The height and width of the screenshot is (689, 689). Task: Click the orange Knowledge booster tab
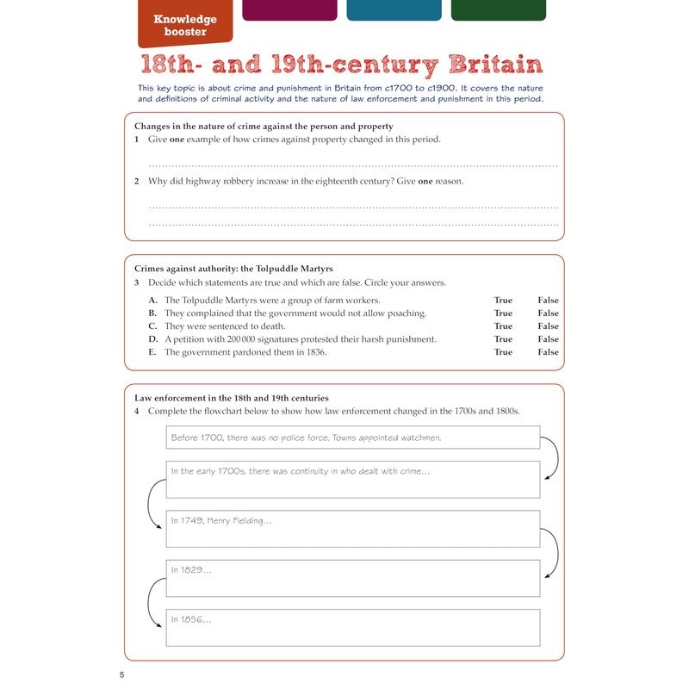[184, 25]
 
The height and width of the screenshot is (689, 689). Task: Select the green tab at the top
[498, 9]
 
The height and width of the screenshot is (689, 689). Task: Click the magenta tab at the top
[289, 9]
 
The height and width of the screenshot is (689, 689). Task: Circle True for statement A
[503, 301]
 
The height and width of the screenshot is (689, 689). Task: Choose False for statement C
[548, 326]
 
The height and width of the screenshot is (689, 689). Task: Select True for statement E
[503, 352]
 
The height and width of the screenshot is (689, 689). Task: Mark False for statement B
[548, 313]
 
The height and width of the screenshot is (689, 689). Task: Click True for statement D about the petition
[503, 339]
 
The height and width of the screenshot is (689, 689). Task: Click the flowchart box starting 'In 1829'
[353, 578]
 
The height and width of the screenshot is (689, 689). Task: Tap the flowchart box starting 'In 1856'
[353, 627]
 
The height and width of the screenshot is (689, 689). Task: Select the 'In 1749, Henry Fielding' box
[353, 529]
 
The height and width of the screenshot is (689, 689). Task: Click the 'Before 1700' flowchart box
[353, 438]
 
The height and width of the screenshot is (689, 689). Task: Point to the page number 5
[122, 673]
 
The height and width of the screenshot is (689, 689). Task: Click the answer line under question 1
[353, 164]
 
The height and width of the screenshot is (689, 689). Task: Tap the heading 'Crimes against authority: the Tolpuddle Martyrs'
[233, 269]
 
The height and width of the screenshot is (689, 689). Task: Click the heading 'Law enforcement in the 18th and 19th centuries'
[232, 398]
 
